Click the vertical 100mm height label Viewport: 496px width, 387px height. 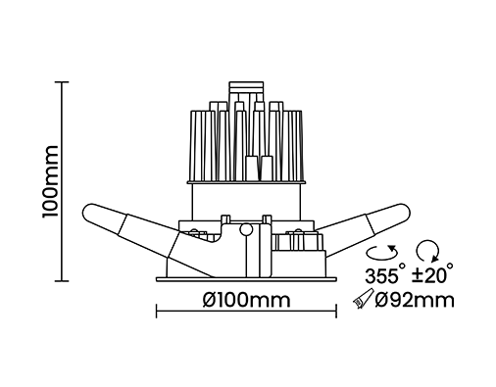[50, 181]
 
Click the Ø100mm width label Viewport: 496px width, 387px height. [246, 300]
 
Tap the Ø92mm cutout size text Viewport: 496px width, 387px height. [415, 300]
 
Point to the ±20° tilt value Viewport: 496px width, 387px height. [432, 274]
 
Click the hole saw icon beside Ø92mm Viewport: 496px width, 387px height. [363, 299]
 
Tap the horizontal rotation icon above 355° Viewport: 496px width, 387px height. [382, 253]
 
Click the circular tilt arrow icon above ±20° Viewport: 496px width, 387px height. [427, 251]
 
